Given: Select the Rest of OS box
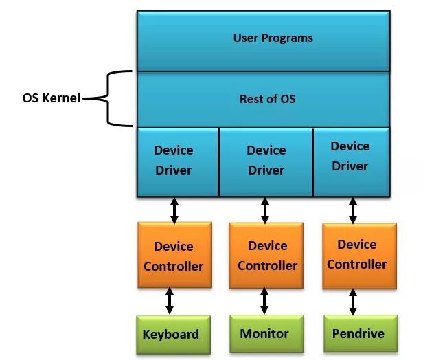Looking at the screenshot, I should click(x=263, y=99).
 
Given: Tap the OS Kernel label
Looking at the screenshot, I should click(x=52, y=98).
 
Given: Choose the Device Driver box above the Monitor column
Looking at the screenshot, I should click(x=266, y=161).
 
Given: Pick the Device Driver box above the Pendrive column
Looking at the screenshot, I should click(x=350, y=157).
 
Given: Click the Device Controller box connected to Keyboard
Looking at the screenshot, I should click(x=173, y=256).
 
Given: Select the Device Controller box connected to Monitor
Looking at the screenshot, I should click(x=267, y=256).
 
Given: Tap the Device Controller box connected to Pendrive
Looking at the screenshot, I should click(x=356, y=254).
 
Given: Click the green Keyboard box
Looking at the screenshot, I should click(x=171, y=335).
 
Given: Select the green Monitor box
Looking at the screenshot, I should click(x=264, y=334).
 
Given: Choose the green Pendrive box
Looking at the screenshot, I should click(x=358, y=334).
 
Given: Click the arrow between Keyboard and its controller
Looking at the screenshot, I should click(x=170, y=301).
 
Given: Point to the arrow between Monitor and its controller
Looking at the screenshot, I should click(x=264, y=300).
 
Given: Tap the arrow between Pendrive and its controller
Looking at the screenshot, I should click(x=354, y=300).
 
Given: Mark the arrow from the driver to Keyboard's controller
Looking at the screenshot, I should click(x=174, y=210).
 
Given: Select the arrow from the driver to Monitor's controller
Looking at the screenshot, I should click(x=265, y=210).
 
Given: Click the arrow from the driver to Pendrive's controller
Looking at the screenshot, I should click(x=353, y=210).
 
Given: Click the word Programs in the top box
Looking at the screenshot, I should click(x=290, y=38).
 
